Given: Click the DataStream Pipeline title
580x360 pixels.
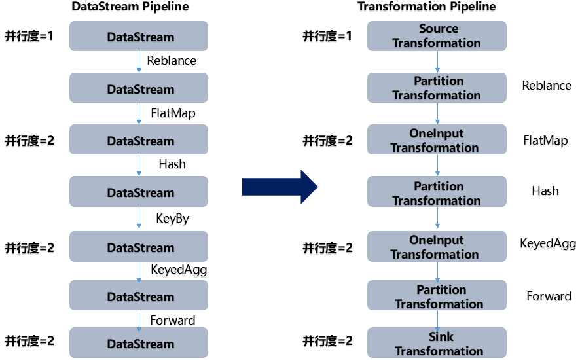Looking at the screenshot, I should click(x=138, y=7).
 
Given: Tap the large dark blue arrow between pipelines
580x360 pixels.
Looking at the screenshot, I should click(x=280, y=187).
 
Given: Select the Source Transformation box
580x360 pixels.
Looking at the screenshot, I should click(x=437, y=36).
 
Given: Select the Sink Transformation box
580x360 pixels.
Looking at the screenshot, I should click(x=437, y=344).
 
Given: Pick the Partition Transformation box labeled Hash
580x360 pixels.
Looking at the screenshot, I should click(x=437, y=193).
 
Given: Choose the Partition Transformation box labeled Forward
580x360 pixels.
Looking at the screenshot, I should click(x=437, y=297).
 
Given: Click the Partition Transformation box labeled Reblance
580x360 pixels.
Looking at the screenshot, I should click(x=437, y=88).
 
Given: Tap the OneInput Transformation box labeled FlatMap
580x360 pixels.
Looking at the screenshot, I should click(x=437, y=140).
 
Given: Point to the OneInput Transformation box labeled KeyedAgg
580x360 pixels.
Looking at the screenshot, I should click(x=437, y=247).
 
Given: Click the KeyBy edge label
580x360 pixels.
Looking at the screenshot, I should click(x=172, y=219).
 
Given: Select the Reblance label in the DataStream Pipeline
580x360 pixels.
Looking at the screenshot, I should click(x=172, y=61).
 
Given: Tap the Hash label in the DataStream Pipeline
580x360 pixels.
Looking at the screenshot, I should click(x=172, y=164).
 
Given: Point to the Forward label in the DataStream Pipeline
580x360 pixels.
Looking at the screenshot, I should click(x=173, y=320).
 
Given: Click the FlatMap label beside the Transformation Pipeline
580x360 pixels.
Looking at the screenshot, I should click(x=545, y=141).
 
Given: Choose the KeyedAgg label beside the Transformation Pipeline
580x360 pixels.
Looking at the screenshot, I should click(x=548, y=244).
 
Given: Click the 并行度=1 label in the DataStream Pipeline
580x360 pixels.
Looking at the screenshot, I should click(x=29, y=36).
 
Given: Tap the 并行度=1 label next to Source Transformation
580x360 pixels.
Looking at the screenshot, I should click(x=327, y=36).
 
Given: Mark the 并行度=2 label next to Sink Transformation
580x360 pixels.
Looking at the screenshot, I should click(x=327, y=341).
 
